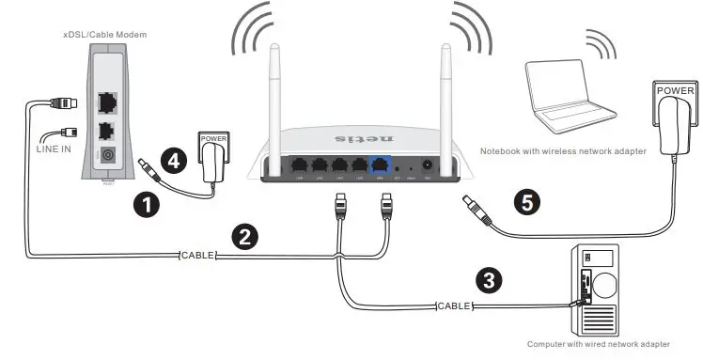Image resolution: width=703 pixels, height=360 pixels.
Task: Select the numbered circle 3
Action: (x=488, y=278)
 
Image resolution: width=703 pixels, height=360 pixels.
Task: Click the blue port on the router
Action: (x=380, y=164)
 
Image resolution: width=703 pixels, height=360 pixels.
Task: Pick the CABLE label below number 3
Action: (x=454, y=305)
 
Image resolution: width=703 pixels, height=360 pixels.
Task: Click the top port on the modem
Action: (x=108, y=101)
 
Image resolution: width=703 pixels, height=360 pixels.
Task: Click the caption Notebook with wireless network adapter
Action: (x=563, y=150)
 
